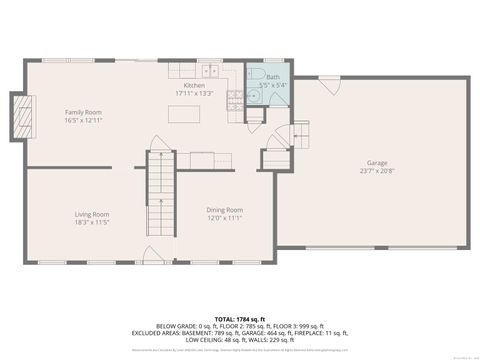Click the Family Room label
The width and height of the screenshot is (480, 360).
point(85,112)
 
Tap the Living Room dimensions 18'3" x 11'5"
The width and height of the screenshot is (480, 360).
point(91,222)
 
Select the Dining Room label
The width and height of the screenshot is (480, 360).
point(225,209)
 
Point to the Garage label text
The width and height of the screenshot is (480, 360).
point(376,162)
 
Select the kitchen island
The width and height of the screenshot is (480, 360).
point(181,116)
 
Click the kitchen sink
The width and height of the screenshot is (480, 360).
point(209,71)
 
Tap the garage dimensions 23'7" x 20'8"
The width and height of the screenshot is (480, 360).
point(376,171)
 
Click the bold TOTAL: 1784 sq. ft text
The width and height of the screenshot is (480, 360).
point(239,316)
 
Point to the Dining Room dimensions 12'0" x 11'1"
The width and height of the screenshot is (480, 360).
point(225,218)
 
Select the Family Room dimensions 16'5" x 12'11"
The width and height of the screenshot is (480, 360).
point(85,121)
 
